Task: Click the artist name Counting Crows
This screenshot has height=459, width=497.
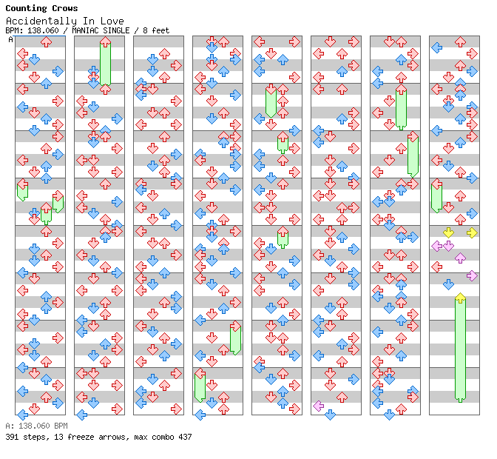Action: point(41,9)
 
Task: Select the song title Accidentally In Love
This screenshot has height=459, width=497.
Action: point(64,21)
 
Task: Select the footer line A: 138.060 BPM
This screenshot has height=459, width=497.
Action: point(36,426)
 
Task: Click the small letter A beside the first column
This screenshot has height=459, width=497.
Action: point(10,40)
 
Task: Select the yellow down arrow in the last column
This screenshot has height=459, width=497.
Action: point(448,233)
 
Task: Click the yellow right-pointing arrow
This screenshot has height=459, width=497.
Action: point(472,233)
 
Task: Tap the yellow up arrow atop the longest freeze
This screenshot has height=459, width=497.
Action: point(460,298)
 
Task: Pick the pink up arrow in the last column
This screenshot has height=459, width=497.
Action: point(460,258)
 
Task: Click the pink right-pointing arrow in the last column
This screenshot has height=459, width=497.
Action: point(472,275)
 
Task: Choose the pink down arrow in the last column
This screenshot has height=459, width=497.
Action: point(448,246)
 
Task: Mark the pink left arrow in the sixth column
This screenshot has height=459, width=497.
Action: point(318,406)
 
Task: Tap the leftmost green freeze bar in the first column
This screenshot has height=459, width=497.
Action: point(22,190)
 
